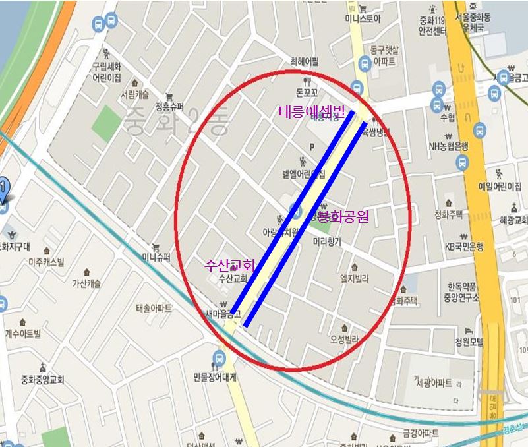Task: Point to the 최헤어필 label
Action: (304, 62)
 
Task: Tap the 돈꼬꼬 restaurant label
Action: (308, 90)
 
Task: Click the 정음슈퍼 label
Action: (169, 105)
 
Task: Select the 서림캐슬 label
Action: (134, 94)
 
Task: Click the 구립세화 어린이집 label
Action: (107, 71)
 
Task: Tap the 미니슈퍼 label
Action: (156, 256)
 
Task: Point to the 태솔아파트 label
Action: (154, 308)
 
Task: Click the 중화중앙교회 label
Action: (42, 380)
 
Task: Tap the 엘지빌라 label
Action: (354, 278)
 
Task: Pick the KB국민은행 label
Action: (464, 247)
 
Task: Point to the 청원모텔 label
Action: (469, 342)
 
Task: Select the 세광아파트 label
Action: (434, 382)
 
